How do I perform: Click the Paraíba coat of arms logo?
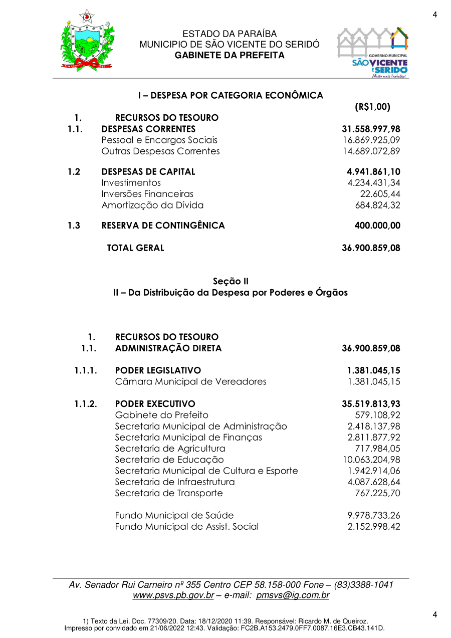click(87, 41)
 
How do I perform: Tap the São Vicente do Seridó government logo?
click(372, 53)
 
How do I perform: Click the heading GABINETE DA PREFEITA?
click(230, 55)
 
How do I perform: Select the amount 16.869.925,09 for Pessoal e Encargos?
click(371, 140)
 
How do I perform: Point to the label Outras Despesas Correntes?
click(160, 151)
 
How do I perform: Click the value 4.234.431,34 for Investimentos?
click(371, 183)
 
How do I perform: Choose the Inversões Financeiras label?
click(147, 194)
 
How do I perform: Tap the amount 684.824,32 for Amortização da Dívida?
click(377, 205)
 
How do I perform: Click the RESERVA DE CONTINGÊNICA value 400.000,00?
click(377, 226)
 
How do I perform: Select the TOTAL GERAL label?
click(135, 248)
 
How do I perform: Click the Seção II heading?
click(231, 281)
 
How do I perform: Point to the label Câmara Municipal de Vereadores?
click(190, 382)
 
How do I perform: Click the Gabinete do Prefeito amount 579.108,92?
click(377, 415)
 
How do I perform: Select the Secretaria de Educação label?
click(169, 460)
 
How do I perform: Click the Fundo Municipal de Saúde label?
click(174, 516)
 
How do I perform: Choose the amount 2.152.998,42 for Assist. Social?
click(374, 527)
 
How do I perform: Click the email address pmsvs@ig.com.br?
click(293, 596)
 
